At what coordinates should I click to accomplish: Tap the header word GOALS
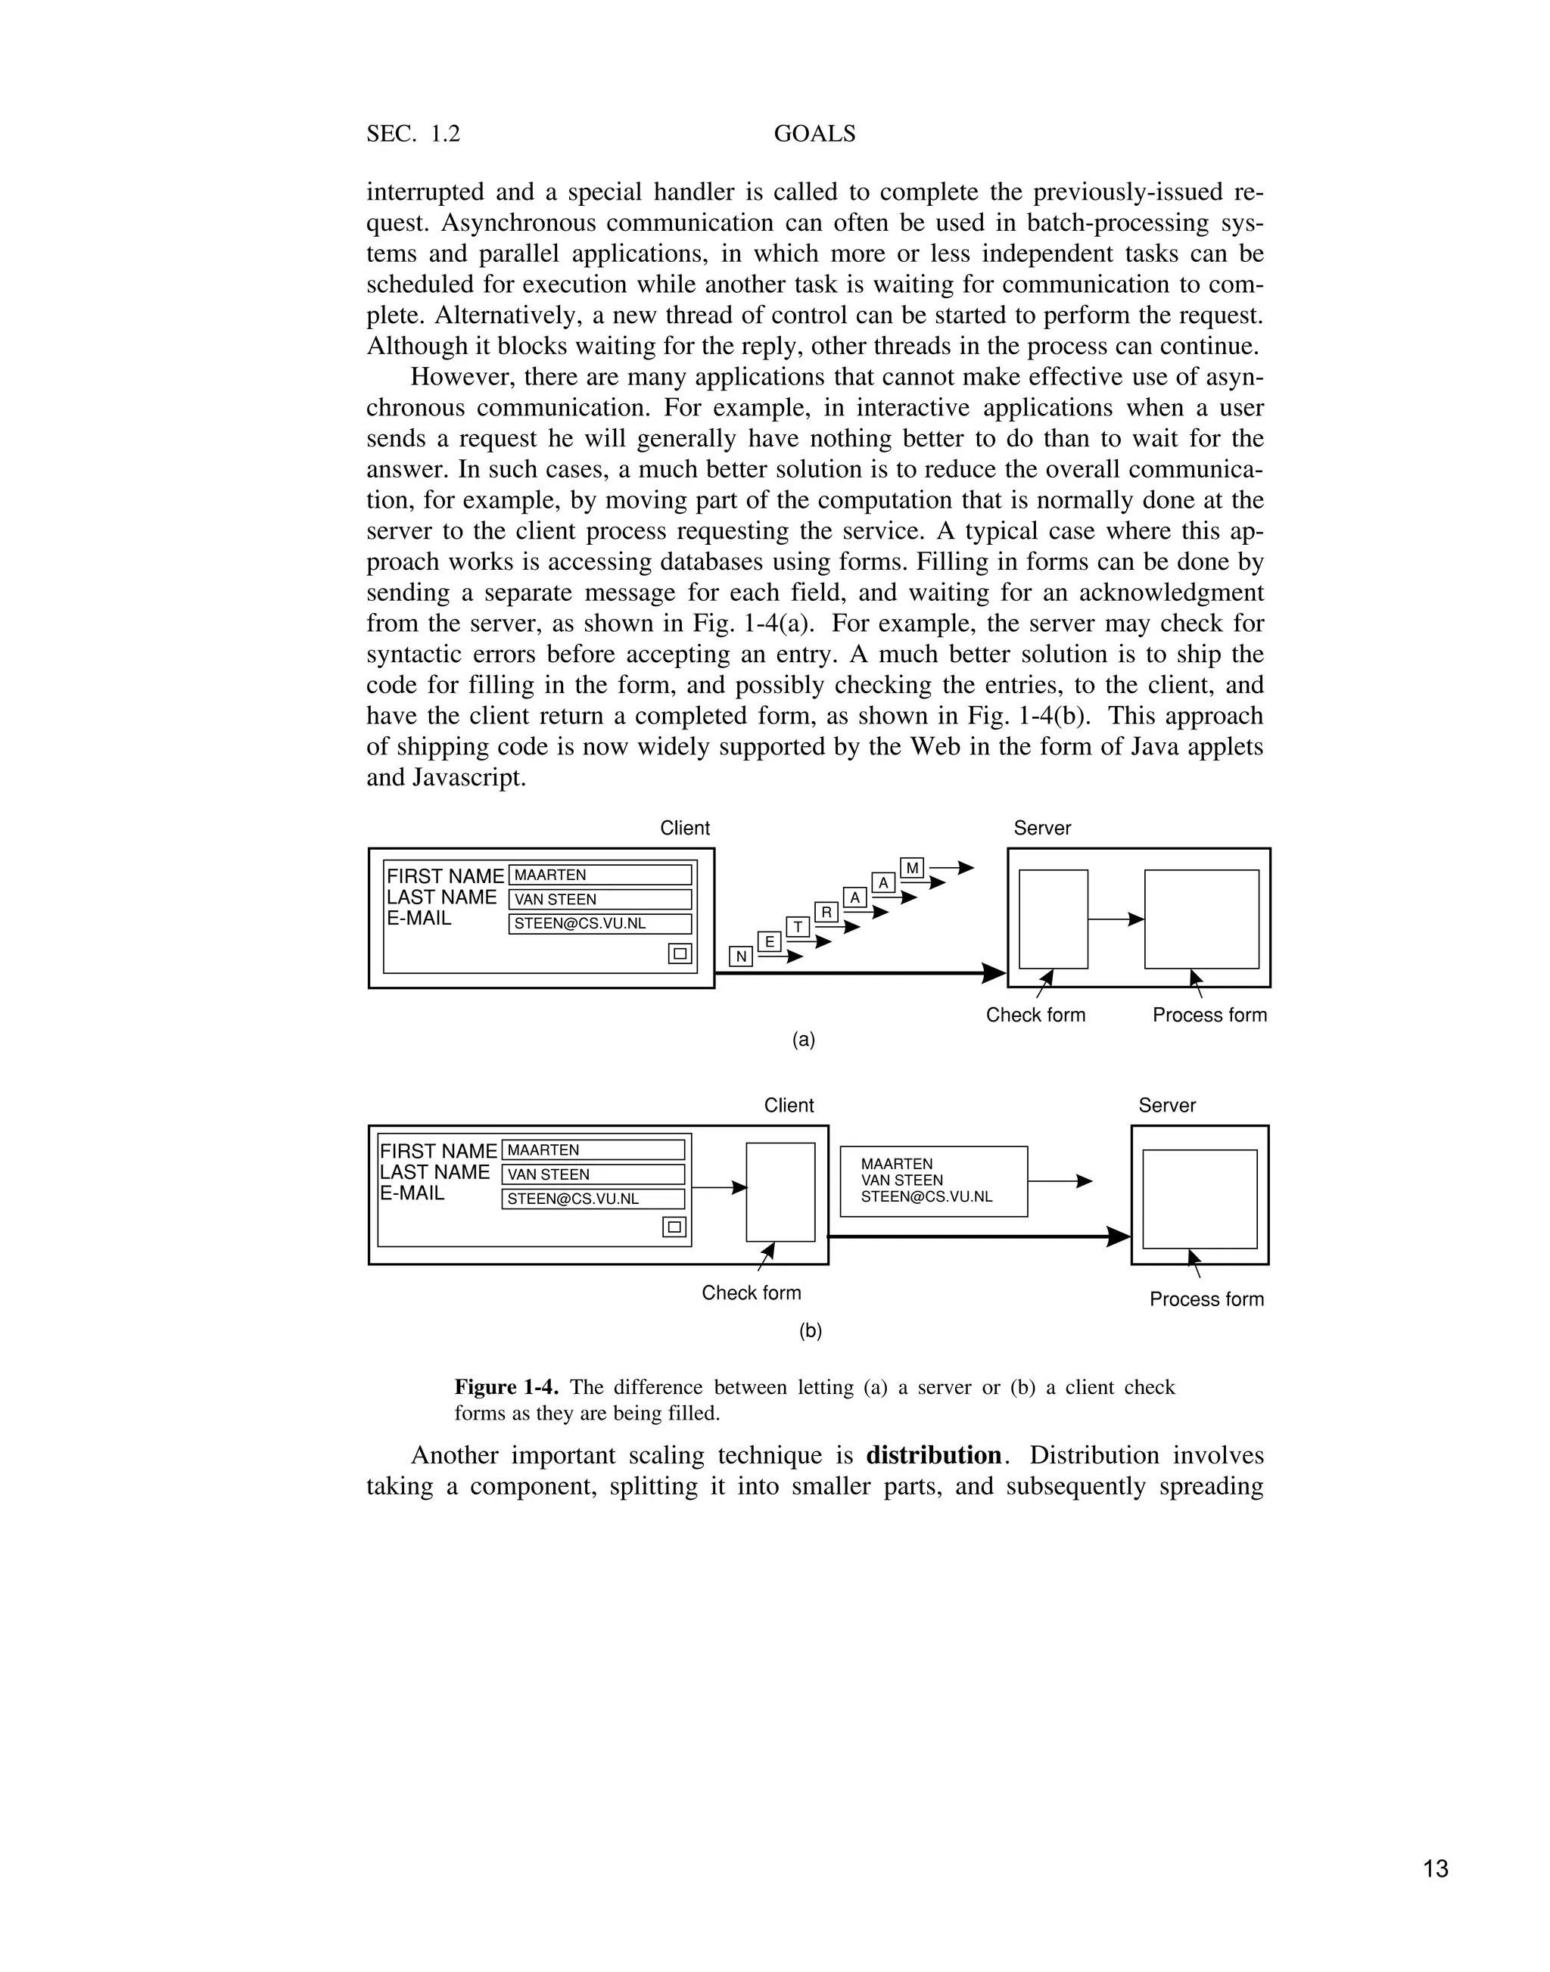click(x=814, y=134)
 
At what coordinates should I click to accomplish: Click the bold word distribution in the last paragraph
click(x=934, y=1456)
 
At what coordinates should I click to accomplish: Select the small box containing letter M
click(x=912, y=869)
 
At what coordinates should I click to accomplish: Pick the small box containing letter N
click(x=740, y=956)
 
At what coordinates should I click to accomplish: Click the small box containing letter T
click(x=798, y=926)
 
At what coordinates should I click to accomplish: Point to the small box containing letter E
click(x=769, y=942)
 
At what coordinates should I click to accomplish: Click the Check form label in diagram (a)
click(x=1035, y=1015)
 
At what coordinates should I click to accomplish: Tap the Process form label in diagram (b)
click(x=1206, y=1299)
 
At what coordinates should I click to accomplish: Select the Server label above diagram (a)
click(x=1042, y=828)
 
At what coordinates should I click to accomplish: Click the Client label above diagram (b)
click(x=789, y=1106)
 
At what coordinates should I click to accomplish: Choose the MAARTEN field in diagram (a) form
click(x=600, y=875)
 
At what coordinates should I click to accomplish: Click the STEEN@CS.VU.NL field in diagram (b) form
click(x=593, y=1199)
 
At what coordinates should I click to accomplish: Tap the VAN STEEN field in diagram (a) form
click(x=600, y=899)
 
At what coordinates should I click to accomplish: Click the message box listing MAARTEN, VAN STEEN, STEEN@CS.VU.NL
click(x=933, y=1180)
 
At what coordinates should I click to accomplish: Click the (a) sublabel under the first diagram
click(x=803, y=1040)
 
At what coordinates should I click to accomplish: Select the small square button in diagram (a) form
click(x=680, y=953)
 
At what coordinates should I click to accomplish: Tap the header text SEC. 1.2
click(x=413, y=134)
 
